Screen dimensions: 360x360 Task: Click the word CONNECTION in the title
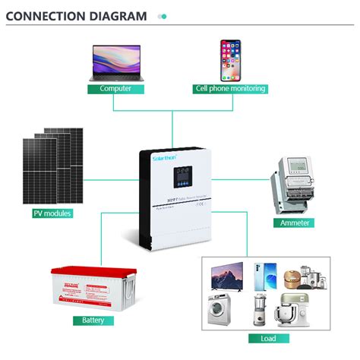point(47,15)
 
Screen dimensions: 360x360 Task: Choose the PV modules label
point(52,214)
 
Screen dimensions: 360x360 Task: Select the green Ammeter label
point(293,223)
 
